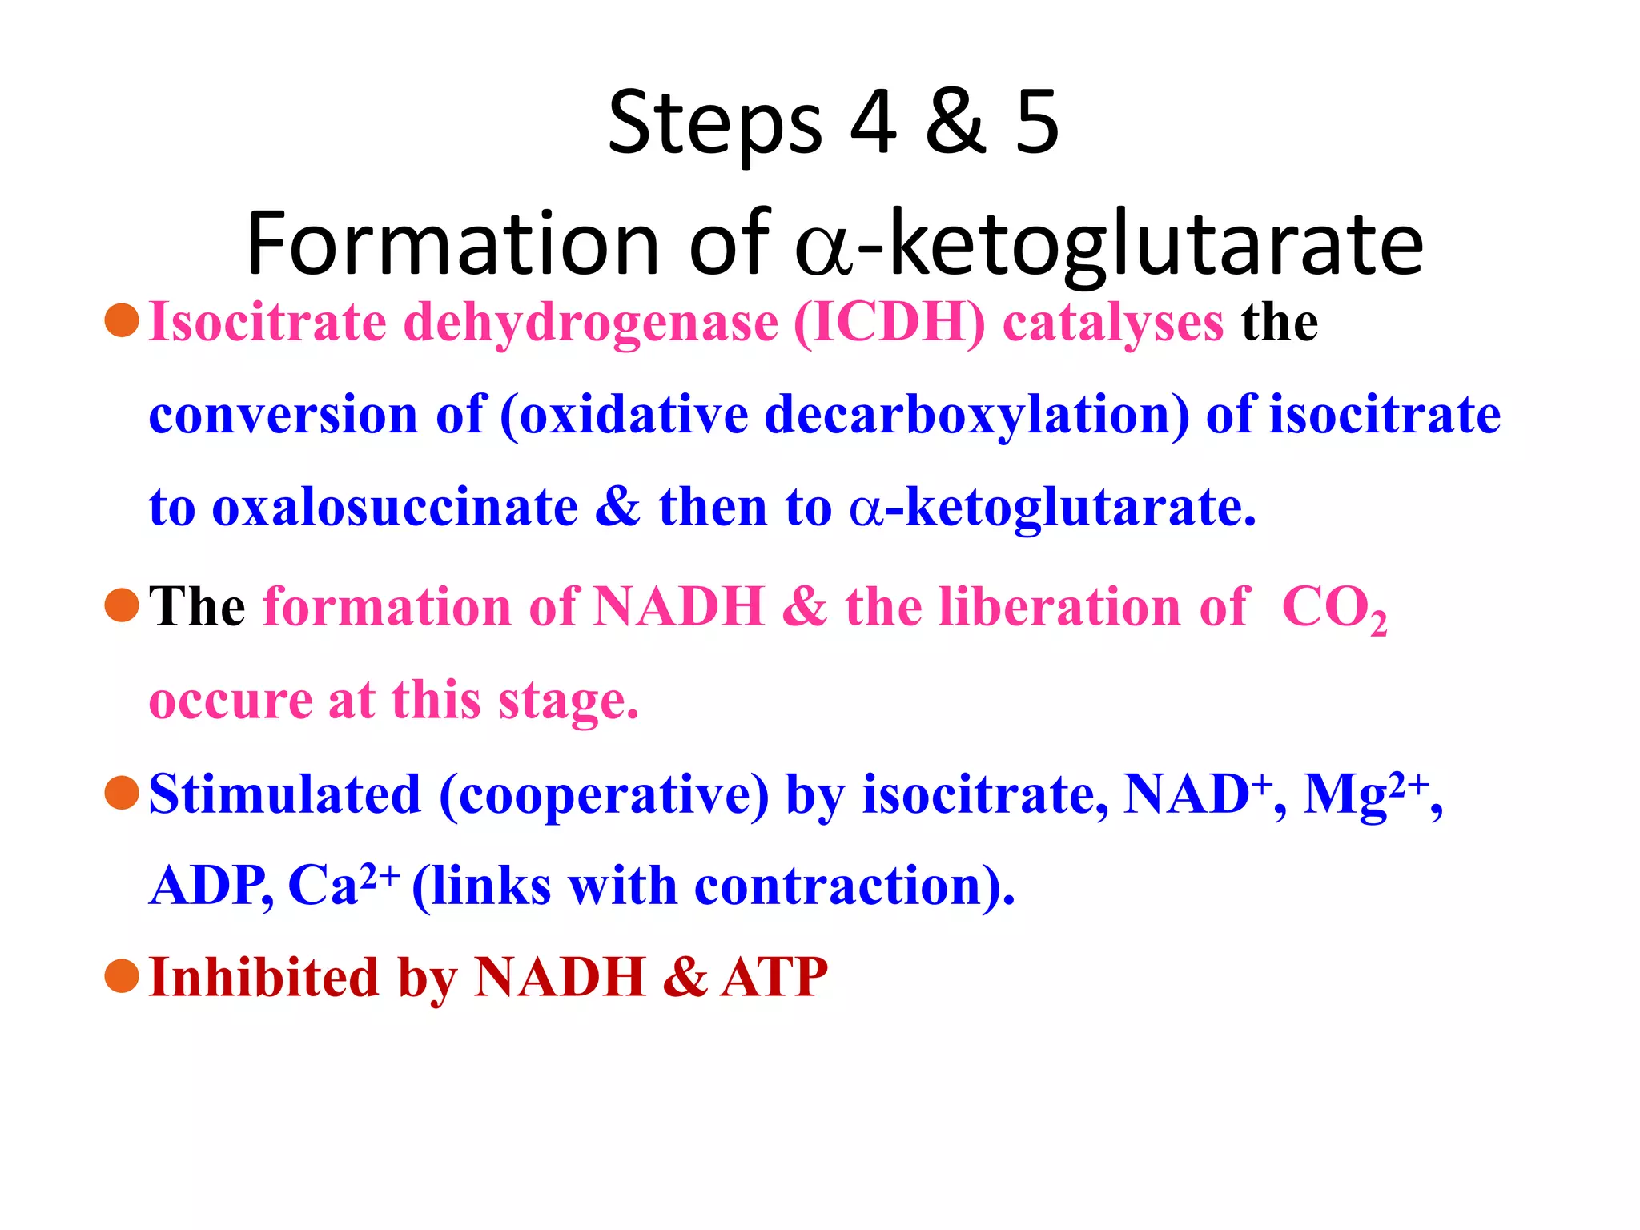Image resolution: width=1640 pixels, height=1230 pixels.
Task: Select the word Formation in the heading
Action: [x=452, y=243]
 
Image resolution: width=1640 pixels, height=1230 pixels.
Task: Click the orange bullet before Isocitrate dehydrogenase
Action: [x=122, y=320]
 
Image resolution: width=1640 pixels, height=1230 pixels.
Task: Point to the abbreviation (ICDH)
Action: [x=889, y=324]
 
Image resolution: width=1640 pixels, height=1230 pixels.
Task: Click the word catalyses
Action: [x=1113, y=324]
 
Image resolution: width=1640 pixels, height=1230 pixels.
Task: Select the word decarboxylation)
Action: [x=977, y=416]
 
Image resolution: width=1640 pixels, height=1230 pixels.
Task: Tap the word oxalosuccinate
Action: [x=395, y=508]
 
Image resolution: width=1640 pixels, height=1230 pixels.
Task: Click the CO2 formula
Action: [x=1333, y=609]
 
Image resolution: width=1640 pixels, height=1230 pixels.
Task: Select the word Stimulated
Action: [x=285, y=794]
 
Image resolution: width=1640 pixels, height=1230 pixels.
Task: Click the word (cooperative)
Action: [x=604, y=796]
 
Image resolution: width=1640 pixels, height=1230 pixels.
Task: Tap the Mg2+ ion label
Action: [x=1365, y=794]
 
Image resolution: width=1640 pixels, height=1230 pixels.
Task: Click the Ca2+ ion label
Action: [x=342, y=886]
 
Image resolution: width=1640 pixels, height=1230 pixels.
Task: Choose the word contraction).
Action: [x=854, y=887]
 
